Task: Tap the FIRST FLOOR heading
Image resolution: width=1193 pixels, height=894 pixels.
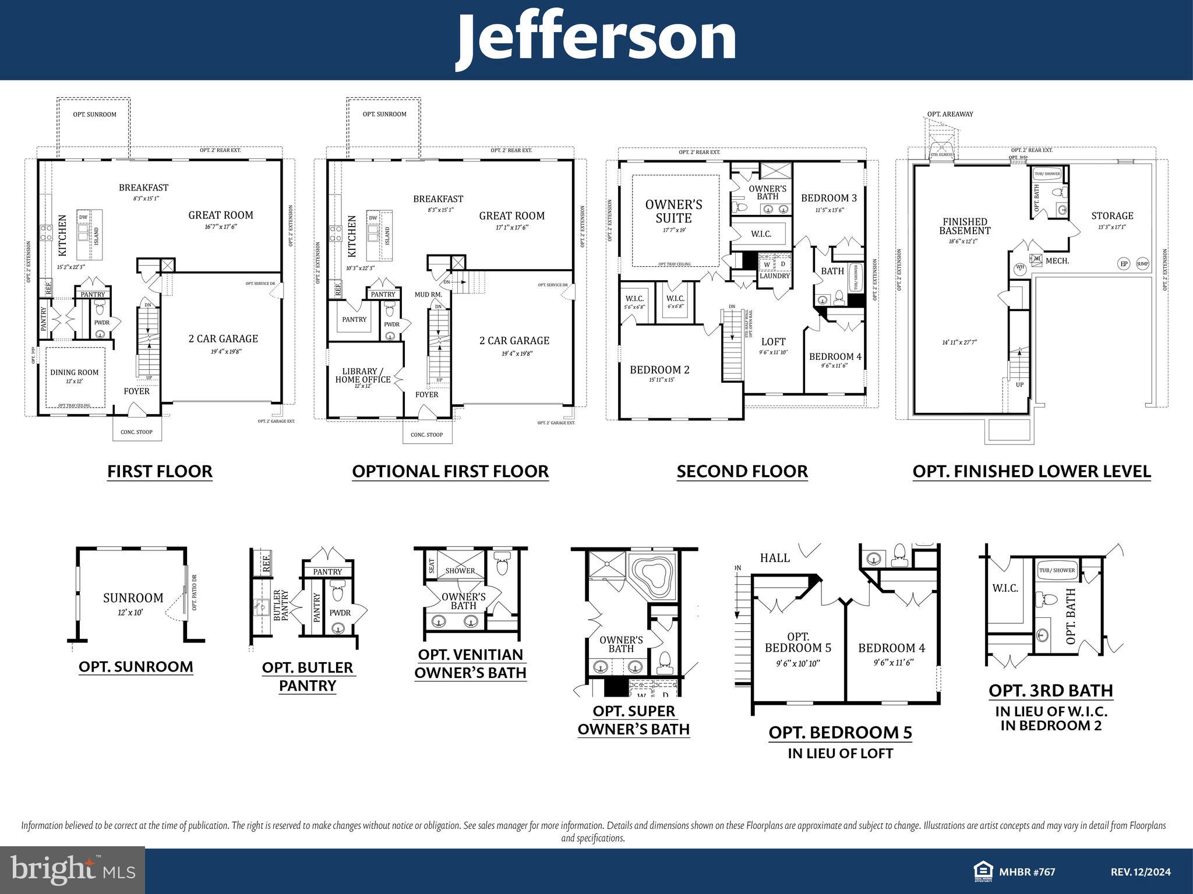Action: (x=160, y=471)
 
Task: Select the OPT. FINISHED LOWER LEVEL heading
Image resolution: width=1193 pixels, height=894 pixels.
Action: (x=1031, y=471)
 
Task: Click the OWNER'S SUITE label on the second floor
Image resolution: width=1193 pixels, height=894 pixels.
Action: (x=673, y=211)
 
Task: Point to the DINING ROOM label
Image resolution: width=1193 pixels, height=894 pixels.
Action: (x=74, y=373)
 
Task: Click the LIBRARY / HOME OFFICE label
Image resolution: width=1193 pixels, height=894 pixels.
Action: (x=362, y=376)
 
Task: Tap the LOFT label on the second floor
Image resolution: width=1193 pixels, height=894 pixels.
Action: (x=773, y=342)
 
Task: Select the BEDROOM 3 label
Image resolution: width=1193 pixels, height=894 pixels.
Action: (x=828, y=198)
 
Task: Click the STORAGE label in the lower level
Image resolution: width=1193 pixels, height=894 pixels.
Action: (x=1112, y=215)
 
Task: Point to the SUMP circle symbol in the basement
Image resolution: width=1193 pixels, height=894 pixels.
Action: (x=1142, y=264)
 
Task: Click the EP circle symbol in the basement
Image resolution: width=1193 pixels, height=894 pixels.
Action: (x=1124, y=264)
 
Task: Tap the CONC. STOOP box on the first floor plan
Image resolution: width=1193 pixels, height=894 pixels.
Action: (x=136, y=432)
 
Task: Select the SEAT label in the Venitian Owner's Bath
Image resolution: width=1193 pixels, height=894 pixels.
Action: (x=432, y=566)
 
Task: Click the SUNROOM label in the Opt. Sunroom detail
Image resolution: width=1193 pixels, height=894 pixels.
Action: (x=133, y=598)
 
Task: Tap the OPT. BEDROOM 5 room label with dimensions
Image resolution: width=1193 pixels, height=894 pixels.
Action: (x=797, y=648)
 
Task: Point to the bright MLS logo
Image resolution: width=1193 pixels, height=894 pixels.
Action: (x=72, y=870)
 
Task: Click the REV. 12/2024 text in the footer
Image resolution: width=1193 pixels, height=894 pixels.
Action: (x=1140, y=872)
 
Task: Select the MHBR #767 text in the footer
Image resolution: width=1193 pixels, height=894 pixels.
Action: (x=1027, y=872)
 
